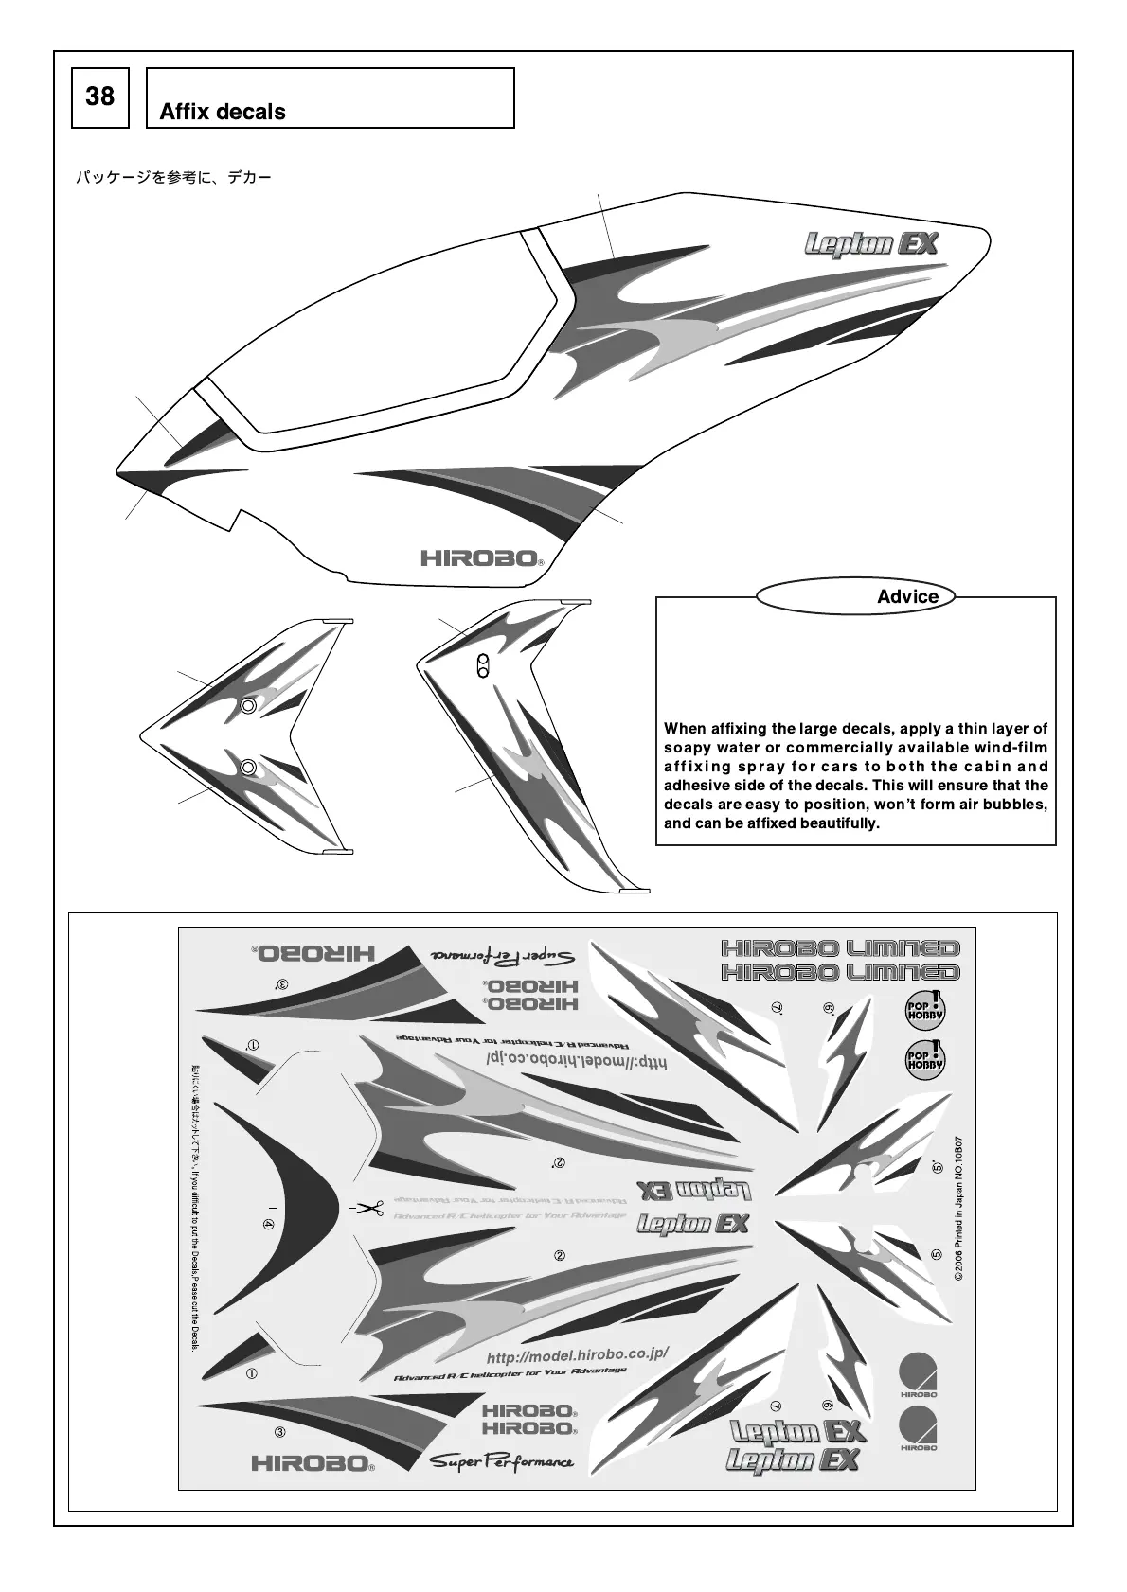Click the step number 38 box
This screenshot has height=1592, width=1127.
pyautogui.click(x=99, y=97)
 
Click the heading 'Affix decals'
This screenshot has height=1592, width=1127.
pyautogui.click(x=223, y=112)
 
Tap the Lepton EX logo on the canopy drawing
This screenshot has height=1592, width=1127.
pyautogui.click(x=871, y=244)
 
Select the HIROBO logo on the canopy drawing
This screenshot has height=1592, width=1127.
pyautogui.click(x=481, y=557)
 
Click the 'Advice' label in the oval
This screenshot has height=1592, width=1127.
pyautogui.click(x=907, y=596)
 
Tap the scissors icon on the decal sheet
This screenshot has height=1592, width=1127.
pyautogui.click(x=368, y=1209)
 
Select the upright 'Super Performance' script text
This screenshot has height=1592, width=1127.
pyautogui.click(x=502, y=1462)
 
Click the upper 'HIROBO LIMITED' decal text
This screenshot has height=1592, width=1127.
pyautogui.click(x=841, y=947)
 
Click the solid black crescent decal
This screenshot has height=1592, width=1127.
pyautogui.click(x=294, y=1207)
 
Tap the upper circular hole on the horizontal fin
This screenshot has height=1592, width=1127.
pyautogui.click(x=248, y=705)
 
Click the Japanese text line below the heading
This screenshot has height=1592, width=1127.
pyautogui.click(x=173, y=177)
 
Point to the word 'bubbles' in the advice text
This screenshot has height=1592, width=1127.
pyautogui.click(x=1017, y=805)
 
